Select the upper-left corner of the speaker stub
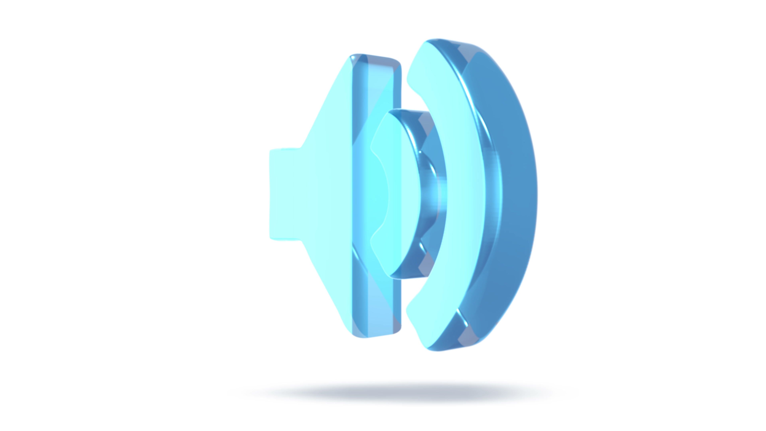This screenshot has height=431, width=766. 271,150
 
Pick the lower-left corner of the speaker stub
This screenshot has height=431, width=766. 271,238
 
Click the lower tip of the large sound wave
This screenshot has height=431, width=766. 428,348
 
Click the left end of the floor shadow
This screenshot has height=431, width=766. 238,393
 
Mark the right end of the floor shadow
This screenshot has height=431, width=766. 565,393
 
